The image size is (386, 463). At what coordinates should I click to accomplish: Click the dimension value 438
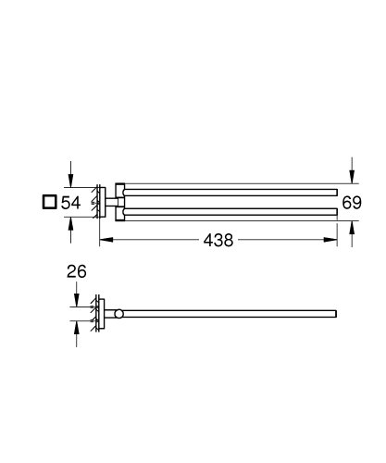(x=218, y=239)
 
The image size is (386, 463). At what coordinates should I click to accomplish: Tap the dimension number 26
(x=76, y=273)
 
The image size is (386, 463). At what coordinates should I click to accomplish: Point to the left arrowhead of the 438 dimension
(x=104, y=240)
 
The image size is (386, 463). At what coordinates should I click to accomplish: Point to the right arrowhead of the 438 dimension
(x=331, y=240)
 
